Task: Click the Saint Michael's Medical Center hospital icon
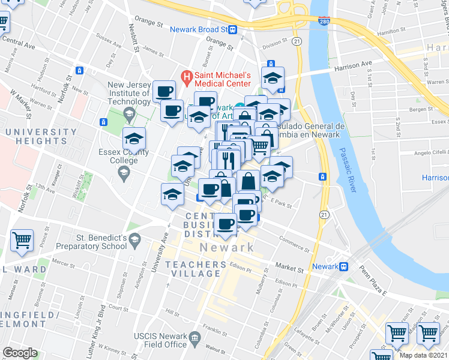point(187,77)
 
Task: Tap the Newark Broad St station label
point(198,29)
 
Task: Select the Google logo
point(20,353)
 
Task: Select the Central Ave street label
point(19,43)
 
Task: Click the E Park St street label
point(281,205)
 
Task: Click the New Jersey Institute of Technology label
point(129,94)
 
